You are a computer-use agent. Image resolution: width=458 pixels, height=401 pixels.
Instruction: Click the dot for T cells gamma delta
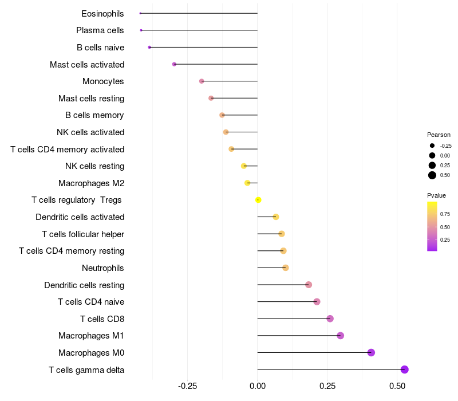[404, 369]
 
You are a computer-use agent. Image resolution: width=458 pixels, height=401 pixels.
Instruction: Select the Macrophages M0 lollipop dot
[371, 352]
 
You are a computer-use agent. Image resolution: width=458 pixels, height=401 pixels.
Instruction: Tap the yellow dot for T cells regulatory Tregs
[258, 200]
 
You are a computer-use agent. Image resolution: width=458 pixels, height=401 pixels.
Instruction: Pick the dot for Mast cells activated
[174, 64]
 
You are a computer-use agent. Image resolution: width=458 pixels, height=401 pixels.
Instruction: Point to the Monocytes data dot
[202, 81]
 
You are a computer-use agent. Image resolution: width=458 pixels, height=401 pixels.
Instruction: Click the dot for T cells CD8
[330, 319]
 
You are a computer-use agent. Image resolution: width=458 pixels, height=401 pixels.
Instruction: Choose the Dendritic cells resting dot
[309, 285]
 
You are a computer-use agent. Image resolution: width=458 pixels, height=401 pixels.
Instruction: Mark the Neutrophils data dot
[286, 268]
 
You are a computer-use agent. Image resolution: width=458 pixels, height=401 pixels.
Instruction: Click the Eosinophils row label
[102, 13]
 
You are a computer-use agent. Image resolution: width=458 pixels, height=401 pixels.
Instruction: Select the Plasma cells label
[100, 30]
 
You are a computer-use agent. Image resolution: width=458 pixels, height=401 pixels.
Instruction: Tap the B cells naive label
[100, 48]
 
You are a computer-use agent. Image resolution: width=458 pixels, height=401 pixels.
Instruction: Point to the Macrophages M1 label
[91, 336]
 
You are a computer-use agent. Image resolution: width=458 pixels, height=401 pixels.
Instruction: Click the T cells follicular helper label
[83, 234]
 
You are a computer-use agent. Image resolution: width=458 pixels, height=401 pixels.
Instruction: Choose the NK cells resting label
[94, 166]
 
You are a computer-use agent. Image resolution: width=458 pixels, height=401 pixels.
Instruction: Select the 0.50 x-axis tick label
[397, 387]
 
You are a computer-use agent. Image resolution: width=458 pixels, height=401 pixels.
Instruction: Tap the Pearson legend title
[439, 135]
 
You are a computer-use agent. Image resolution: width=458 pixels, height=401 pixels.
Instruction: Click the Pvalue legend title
[436, 195]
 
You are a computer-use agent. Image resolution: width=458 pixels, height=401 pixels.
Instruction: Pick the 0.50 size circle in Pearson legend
[432, 175]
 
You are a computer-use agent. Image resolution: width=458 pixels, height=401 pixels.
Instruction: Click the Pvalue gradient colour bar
[432, 226]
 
